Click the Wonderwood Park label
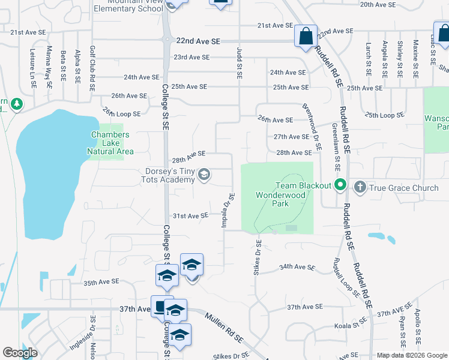click(x=272, y=199)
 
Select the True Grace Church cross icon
click(x=360, y=188)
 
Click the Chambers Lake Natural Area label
click(x=110, y=143)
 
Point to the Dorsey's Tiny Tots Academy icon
click(x=203, y=175)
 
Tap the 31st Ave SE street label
click(x=190, y=216)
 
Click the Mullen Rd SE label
click(x=223, y=327)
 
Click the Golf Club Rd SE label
click(x=92, y=67)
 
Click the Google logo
click(x=20, y=353)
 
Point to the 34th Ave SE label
click(x=297, y=267)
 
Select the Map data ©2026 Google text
click(x=411, y=355)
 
